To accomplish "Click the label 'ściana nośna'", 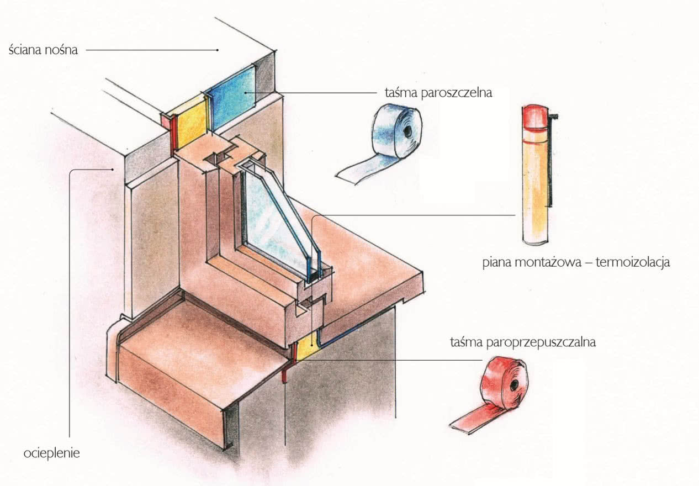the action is coord(43,50).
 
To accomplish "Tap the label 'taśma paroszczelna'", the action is coord(438,93).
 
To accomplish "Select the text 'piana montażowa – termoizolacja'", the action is coord(576,262).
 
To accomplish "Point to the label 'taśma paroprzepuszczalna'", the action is coord(523,342).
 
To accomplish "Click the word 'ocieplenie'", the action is coord(51,453).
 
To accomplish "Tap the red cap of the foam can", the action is coord(535,117).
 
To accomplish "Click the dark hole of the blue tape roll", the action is coord(407,131).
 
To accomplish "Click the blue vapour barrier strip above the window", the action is coord(231,97).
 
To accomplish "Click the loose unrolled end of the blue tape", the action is coord(356,173).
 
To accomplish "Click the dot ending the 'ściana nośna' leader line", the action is coord(218,50).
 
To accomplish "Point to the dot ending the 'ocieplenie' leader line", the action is coord(112,170).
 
